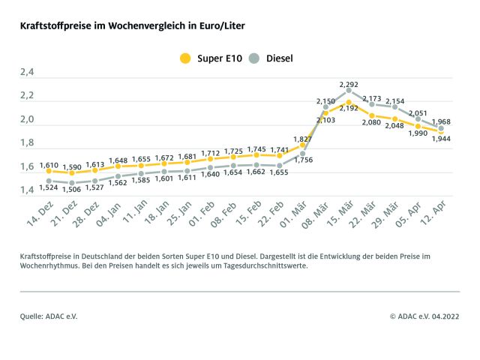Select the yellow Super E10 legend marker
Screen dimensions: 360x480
184,58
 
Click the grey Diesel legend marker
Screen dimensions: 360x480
256,58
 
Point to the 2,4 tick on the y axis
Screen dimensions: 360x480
27,73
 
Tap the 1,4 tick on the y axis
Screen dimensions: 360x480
27,190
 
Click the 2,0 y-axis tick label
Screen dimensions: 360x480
27,120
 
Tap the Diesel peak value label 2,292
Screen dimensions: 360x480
349,84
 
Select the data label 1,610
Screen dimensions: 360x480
49,163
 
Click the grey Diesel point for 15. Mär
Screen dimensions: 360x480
349,91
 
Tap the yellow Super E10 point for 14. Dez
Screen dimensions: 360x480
49,171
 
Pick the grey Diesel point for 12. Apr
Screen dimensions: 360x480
440,129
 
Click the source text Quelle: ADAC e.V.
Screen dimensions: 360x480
49,316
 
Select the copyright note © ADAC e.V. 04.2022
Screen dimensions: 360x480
424,316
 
